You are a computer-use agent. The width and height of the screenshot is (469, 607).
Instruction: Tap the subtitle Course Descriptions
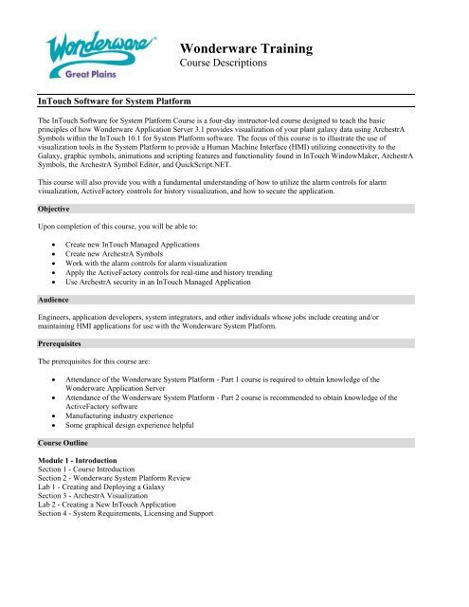click(225, 64)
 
